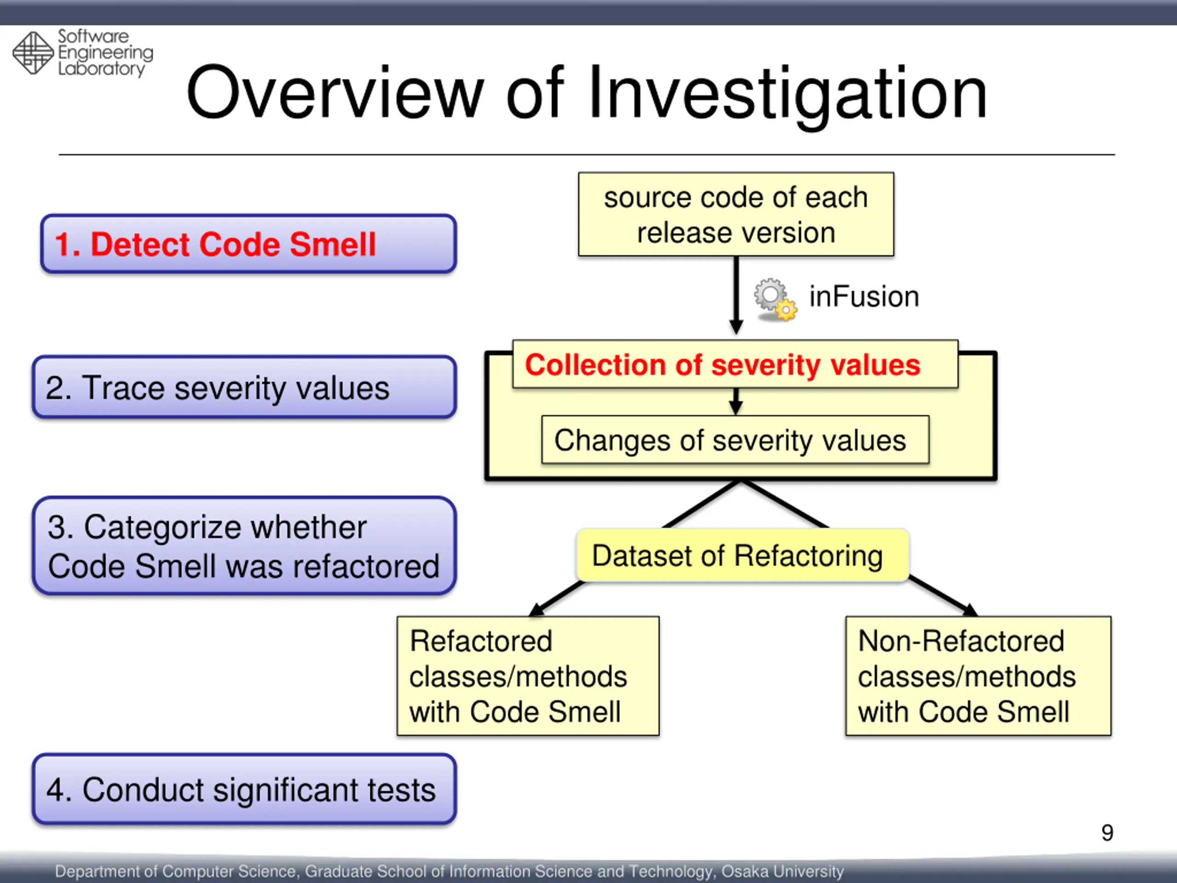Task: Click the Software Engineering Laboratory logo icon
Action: point(33,53)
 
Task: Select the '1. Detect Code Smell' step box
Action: point(248,244)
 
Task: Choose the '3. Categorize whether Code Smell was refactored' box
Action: point(244,546)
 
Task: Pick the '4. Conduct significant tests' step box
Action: point(244,789)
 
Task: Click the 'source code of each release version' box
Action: point(736,214)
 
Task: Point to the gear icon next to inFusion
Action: point(774,299)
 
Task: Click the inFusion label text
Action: point(863,297)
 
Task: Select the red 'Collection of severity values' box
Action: point(735,365)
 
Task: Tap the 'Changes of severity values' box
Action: point(735,440)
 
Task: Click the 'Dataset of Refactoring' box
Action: point(742,556)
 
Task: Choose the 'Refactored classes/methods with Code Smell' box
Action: point(528,676)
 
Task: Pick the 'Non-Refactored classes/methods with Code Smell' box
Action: point(978,676)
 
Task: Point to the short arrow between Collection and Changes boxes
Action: point(736,401)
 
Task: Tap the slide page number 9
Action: point(1107,832)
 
